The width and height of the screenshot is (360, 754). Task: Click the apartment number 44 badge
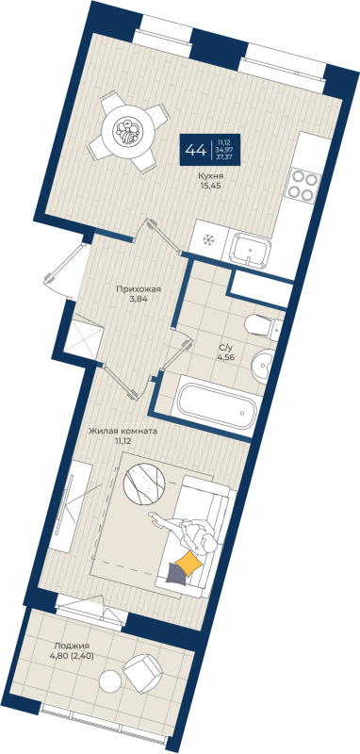coord(197,150)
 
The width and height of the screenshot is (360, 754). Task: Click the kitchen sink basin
coord(250,248)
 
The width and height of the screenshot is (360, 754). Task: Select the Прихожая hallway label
coord(132,290)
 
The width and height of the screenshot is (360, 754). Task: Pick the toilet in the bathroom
coord(258,327)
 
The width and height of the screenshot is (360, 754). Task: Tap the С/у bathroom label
coord(226,346)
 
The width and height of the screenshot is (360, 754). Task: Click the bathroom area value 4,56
coord(226,356)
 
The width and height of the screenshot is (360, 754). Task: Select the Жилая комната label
coord(123,430)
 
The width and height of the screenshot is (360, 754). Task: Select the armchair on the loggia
coord(143,672)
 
